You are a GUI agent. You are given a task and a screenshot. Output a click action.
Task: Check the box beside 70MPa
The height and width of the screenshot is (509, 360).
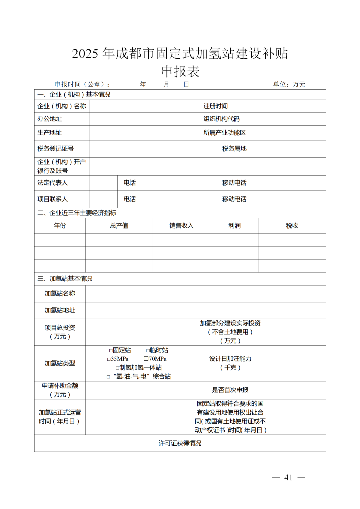tap(146, 359)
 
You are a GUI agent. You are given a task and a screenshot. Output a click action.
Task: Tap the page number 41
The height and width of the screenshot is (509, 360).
tap(288, 478)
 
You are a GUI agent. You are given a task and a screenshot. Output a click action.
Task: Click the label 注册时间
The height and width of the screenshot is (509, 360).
tap(216, 106)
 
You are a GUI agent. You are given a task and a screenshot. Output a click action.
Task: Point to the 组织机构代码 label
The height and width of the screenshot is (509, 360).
tap(222, 119)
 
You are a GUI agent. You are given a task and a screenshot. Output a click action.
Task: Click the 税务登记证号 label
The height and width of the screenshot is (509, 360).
tap(55, 149)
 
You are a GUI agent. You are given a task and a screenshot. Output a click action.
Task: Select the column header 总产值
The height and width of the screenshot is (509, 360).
tap(119, 226)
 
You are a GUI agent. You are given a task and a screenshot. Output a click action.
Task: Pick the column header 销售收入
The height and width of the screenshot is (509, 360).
tap(181, 226)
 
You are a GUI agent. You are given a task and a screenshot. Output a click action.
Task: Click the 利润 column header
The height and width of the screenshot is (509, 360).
tap(234, 226)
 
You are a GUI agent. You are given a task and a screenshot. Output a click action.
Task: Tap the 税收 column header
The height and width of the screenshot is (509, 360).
tap(292, 226)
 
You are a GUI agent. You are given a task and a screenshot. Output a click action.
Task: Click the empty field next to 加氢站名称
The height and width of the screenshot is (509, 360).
tap(205, 293)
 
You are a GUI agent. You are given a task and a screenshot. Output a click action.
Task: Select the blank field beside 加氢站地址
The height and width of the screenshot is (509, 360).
tap(205, 310)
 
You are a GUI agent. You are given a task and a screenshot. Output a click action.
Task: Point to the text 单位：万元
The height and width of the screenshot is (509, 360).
tap(289, 84)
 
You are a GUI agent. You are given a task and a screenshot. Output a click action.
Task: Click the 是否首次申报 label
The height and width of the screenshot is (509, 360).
tap(230, 390)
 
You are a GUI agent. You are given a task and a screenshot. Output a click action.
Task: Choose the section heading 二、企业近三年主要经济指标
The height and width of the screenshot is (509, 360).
tap(77, 213)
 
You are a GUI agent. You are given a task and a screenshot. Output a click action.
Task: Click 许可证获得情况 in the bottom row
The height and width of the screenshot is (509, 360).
tap(180, 443)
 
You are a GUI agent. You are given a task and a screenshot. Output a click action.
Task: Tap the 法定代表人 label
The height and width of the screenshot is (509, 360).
tap(52, 183)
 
